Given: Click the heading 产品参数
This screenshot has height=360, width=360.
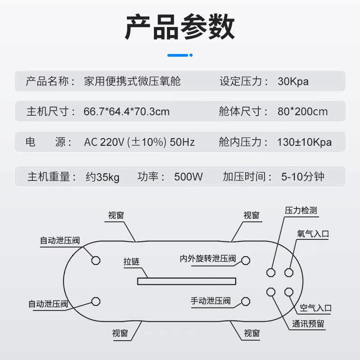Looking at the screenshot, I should click(x=180, y=27).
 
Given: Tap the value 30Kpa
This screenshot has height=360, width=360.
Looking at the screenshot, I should click(x=293, y=81).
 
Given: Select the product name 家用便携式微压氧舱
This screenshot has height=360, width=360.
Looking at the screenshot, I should click(x=132, y=81).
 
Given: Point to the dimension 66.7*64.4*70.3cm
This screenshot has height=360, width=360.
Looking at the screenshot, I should click(x=127, y=111).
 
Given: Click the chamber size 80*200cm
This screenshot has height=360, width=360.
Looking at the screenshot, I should click(x=302, y=111).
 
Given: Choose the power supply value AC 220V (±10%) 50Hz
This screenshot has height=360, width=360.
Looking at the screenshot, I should click(x=139, y=142).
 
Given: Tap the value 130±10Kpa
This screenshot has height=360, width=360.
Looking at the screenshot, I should click(x=304, y=142).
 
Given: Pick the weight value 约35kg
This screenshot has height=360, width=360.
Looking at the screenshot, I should click(x=103, y=177).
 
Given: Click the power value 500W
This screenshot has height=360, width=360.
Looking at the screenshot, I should click(x=189, y=177).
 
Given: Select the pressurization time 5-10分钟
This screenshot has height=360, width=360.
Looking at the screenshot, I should click(x=303, y=177).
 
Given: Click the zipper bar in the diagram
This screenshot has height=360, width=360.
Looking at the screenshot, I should click(x=187, y=281).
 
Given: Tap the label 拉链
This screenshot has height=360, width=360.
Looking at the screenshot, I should click(x=131, y=261).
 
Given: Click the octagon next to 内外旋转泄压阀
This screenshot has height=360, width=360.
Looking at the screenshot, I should click(x=245, y=261).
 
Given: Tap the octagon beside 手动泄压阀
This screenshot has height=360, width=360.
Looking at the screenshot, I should click(x=245, y=301).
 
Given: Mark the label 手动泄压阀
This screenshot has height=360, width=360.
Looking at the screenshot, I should click(x=211, y=301).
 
